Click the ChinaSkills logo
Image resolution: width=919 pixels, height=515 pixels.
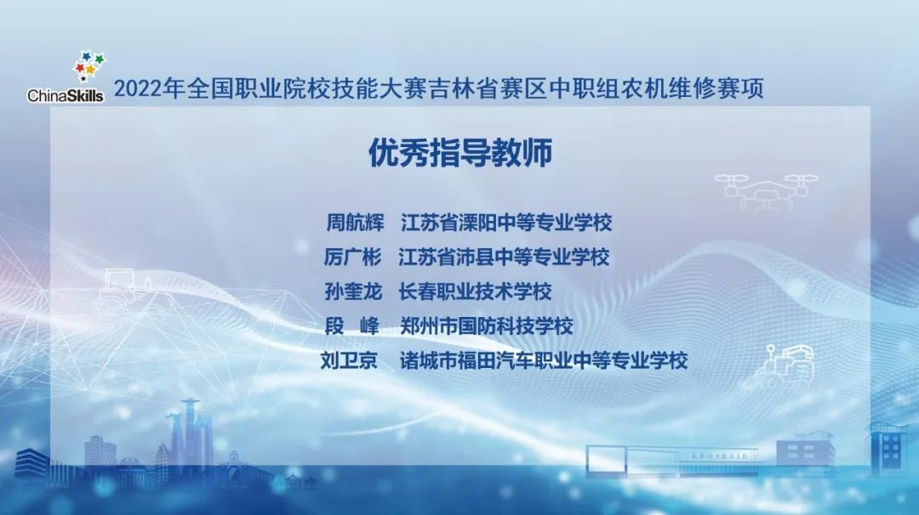pyautogui.click(x=66, y=86)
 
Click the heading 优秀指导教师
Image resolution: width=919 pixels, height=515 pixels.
pyautogui.click(x=459, y=154)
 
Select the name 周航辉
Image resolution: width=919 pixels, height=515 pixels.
pyautogui.click(x=356, y=224)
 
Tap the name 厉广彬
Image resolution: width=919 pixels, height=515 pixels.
pyautogui.click(x=354, y=257)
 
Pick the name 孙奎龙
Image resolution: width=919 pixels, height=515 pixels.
pyautogui.click(x=354, y=291)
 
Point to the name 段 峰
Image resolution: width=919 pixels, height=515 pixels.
pyautogui.click(x=354, y=325)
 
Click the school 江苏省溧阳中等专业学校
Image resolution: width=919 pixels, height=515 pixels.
pyautogui.click(x=505, y=224)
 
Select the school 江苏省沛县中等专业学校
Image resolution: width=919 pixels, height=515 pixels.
pyautogui.click(x=505, y=257)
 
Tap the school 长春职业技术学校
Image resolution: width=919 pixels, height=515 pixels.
pyautogui.click(x=475, y=291)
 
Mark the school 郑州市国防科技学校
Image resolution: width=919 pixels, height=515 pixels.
pyautogui.click(x=486, y=325)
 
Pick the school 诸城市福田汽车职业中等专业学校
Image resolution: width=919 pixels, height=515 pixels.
pyautogui.click(x=544, y=360)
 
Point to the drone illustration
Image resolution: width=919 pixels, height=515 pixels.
pyautogui.click(x=765, y=189)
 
